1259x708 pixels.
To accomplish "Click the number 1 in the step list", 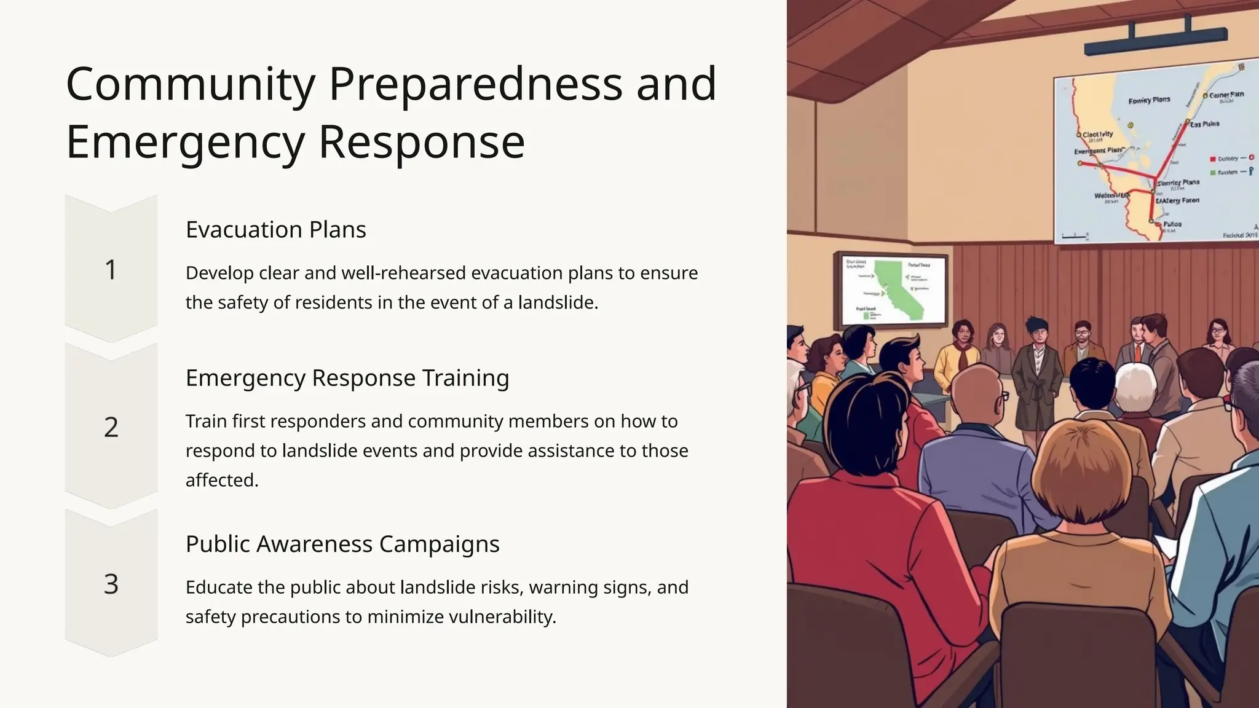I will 111,270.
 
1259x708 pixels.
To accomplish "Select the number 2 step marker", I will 111,427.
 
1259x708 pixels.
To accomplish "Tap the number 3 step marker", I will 111,584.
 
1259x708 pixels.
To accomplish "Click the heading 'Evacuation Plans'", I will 275,230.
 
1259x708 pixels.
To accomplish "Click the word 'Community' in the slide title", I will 191,84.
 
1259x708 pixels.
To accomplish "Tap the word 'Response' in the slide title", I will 422,142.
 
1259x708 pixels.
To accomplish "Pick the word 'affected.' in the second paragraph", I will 222,480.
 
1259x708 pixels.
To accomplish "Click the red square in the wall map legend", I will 1212,159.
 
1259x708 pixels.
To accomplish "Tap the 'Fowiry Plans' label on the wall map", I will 1149,100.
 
